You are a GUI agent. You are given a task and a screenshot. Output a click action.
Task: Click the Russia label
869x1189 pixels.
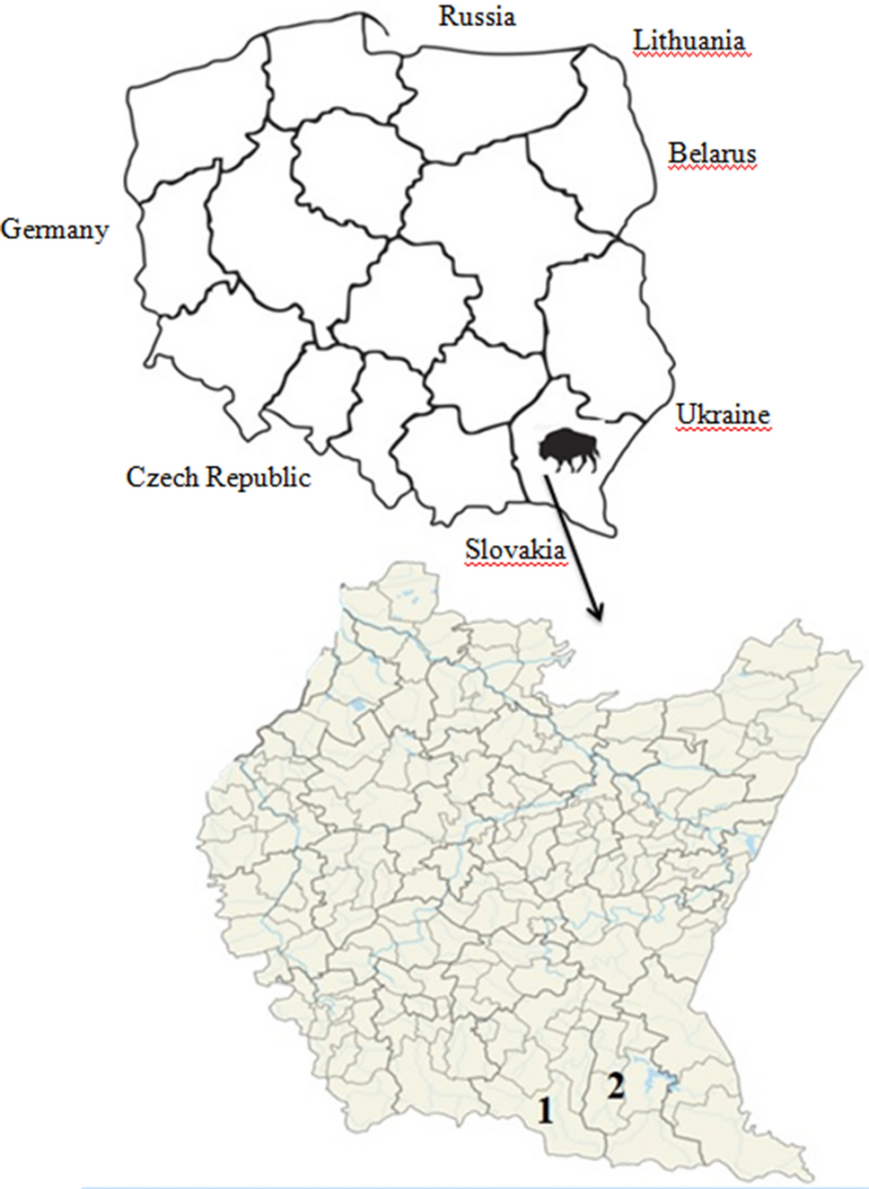(477, 16)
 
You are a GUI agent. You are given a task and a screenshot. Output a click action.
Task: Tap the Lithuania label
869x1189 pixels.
(689, 40)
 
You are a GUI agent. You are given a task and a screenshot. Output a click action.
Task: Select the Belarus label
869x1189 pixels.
(712, 154)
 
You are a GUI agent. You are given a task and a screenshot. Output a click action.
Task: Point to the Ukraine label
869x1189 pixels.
(723, 415)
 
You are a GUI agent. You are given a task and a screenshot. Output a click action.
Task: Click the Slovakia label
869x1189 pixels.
(515, 549)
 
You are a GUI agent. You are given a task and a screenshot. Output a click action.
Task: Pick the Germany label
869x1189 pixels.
(55, 230)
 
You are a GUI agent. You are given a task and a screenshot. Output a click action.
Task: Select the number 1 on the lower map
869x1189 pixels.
(545, 1112)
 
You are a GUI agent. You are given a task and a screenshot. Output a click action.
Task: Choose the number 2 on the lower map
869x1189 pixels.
(616, 1086)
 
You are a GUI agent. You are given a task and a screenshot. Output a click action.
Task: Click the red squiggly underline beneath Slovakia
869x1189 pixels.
(515, 564)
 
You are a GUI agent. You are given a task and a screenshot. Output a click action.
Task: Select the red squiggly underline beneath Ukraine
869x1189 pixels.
(723, 430)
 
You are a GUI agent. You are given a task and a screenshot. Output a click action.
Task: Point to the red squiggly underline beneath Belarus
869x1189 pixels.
(712, 169)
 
